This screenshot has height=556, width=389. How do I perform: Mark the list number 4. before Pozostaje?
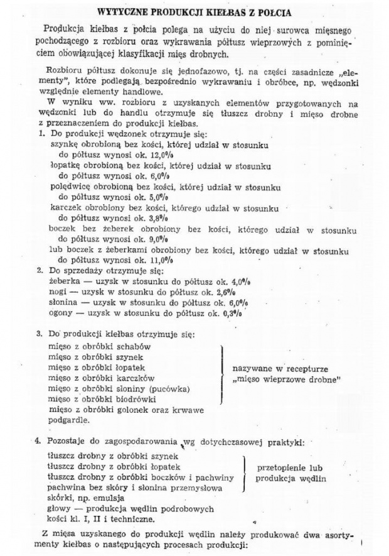[x=39, y=442]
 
